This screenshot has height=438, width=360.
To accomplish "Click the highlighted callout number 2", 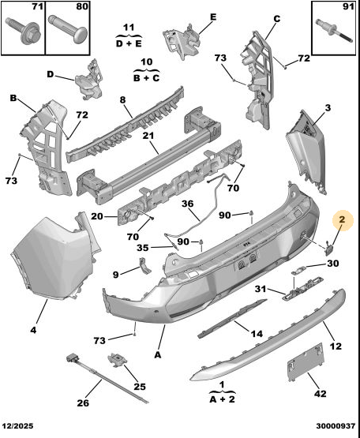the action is click(x=342, y=220).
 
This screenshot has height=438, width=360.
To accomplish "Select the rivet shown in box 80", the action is click(x=68, y=29).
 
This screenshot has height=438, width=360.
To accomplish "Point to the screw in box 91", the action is click(x=333, y=32).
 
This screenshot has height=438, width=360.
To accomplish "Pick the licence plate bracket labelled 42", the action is click(x=306, y=362).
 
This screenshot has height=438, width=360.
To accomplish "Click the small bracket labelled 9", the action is click(x=144, y=265).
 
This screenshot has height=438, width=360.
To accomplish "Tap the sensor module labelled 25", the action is click(x=117, y=359).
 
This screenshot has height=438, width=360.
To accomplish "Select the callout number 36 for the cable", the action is click(x=187, y=204).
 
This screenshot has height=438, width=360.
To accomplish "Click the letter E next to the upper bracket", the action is click(x=213, y=17).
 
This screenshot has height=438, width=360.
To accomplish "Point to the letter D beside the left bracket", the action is click(x=51, y=74).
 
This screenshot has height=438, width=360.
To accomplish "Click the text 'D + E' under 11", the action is click(x=129, y=44).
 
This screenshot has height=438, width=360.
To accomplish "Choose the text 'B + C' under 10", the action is click(x=147, y=78).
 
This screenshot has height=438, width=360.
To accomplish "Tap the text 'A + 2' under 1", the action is click(x=222, y=400).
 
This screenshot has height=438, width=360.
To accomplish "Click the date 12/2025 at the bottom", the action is click(x=18, y=426).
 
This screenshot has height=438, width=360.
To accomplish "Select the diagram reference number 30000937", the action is click(x=336, y=426).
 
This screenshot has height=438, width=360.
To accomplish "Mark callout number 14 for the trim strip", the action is click(x=257, y=333).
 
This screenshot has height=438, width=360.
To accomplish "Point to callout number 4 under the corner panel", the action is click(x=33, y=330).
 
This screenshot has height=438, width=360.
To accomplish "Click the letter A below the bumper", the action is click(x=158, y=355).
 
